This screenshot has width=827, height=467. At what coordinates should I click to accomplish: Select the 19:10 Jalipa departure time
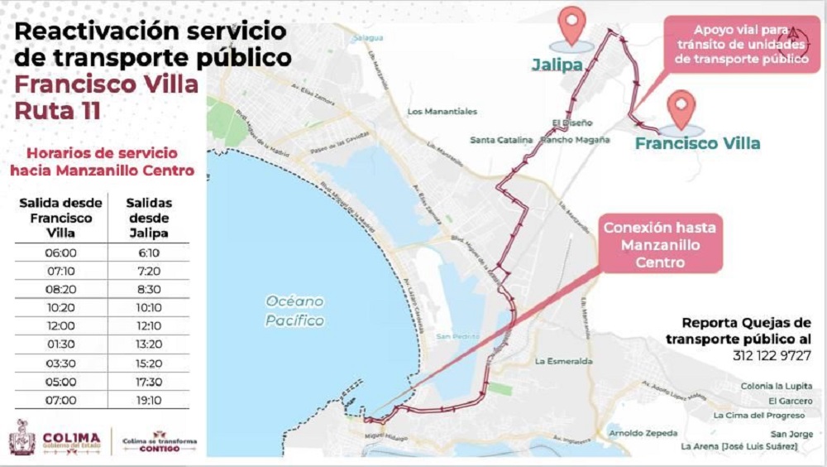pyautogui.click(x=151, y=401)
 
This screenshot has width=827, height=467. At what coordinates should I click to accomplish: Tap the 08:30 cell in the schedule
pyautogui.click(x=151, y=289)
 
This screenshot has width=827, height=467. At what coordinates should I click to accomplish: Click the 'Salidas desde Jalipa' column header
pyautogui.click(x=151, y=218)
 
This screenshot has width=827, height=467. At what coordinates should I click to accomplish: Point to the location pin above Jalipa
pyautogui.click(x=571, y=25)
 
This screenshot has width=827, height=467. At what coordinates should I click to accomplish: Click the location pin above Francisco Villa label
pyautogui.click(x=681, y=109)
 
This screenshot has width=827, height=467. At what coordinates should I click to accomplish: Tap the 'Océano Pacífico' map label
pyautogui.click(x=295, y=311)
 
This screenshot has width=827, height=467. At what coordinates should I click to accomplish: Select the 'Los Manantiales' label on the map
pyautogui.click(x=442, y=111)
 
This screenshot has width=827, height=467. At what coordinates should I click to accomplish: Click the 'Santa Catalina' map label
pyautogui.click(x=501, y=140)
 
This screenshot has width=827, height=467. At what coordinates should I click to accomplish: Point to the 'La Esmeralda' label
pyautogui.click(x=564, y=361)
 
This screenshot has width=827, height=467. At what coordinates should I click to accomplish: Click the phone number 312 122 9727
pyautogui.click(x=772, y=355)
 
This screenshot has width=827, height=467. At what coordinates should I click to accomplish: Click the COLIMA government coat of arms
pyautogui.click(x=22, y=437)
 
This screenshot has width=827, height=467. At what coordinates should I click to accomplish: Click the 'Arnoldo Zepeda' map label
pyautogui.click(x=643, y=433)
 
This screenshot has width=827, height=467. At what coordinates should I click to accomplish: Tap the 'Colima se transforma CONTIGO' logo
pyautogui.click(x=160, y=440)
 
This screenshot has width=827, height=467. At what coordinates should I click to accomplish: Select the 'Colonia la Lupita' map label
pyautogui.click(x=772, y=386)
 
